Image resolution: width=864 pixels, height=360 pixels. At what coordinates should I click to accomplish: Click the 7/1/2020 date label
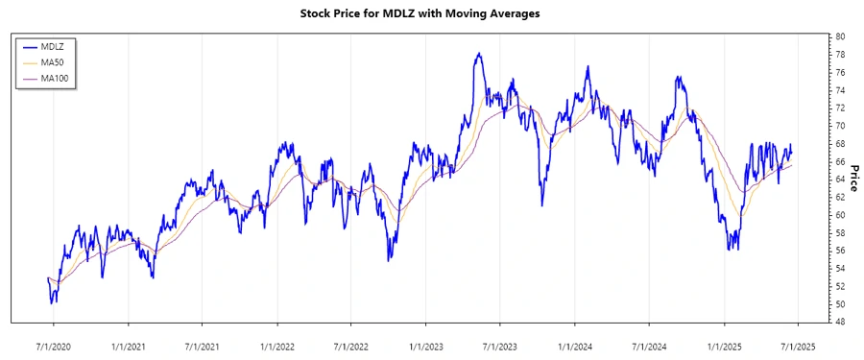tap(53, 344)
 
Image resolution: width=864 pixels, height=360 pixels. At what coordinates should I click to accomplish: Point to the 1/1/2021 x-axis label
tap(128, 344)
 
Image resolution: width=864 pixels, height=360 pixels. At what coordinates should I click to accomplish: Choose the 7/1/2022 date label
tap(351, 344)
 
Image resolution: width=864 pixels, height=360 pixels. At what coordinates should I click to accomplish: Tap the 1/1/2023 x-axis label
tap(426, 344)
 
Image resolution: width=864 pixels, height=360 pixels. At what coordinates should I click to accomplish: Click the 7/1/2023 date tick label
tap(500, 344)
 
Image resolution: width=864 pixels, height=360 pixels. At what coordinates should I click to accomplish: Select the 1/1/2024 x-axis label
tap(575, 344)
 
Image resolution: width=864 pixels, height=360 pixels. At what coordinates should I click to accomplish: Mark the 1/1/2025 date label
tap(725, 344)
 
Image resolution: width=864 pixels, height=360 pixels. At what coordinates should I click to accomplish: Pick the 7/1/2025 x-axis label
tap(799, 344)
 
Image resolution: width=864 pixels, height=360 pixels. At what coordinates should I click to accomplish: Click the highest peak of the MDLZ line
tap(478, 54)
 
